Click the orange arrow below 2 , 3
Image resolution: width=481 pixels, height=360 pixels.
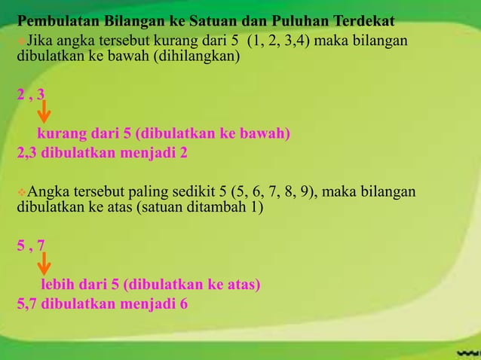pyautogui.click(x=44, y=113)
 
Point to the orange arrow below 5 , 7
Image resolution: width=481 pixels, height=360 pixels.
pyautogui.click(x=44, y=264)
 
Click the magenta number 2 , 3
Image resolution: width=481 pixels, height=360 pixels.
pyautogui.click(x=30, y=96)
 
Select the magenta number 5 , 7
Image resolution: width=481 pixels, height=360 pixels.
pyautogui.click(x=30, y=246)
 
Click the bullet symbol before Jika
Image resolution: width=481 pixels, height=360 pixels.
pyautogui.click(x=21, y=39)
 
